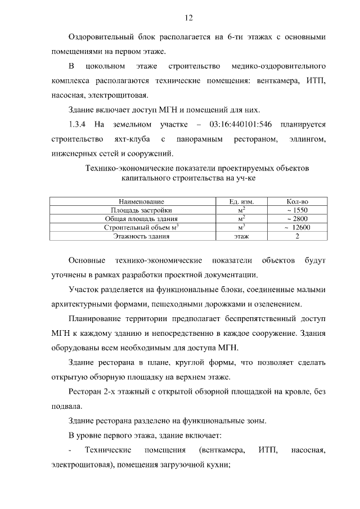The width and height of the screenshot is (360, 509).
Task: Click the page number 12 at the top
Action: [x=188, y=18]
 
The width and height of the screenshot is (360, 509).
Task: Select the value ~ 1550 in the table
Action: [x=298, y=210]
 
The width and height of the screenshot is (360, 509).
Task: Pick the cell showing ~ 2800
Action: [x=298, y=219]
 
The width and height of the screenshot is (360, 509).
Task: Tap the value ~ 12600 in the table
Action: [x=298, y=228]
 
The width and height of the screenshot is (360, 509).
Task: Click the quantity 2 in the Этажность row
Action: [x=298, y=237]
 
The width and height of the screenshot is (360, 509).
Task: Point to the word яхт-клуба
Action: [x=134, y=138]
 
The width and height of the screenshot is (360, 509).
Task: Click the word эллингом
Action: [x=305, y=138]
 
